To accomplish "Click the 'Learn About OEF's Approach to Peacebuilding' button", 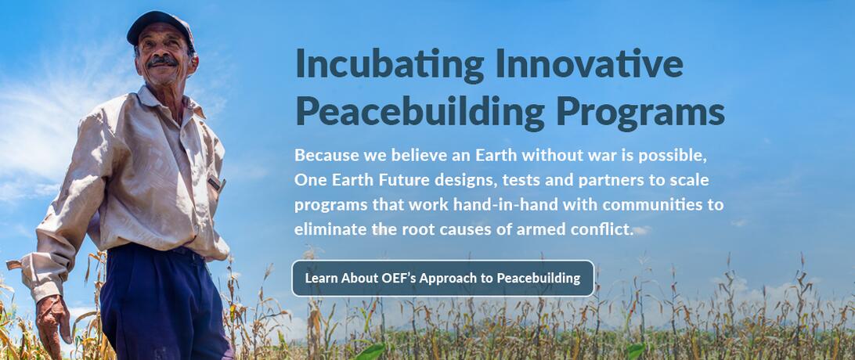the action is [x=443, y=279].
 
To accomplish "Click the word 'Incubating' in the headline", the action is [x=390, y=65].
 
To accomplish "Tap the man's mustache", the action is [x=162, y=61].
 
